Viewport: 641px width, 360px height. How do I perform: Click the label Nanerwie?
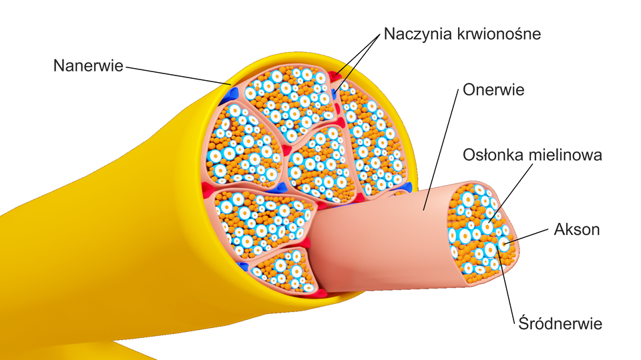point(88,66)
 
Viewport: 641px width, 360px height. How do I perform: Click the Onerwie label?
point(493,89)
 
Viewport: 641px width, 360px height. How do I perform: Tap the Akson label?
point(577,229)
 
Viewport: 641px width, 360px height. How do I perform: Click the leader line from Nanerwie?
point(174,75)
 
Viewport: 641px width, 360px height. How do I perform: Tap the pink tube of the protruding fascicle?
point(374,240)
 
